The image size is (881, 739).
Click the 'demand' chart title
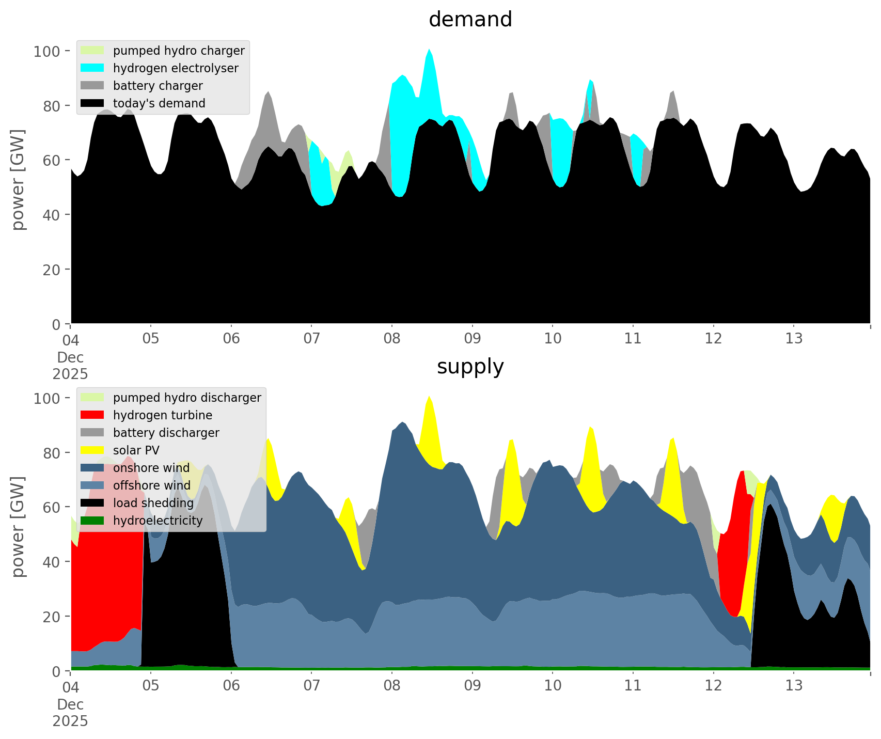click(470, 20)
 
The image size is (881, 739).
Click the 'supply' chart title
click(470, 367)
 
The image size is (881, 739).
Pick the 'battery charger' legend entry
click(158, 86)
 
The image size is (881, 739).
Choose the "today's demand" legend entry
click(159, 103)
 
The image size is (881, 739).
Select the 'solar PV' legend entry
click(136, 450)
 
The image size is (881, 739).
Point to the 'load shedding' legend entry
click(153, 503)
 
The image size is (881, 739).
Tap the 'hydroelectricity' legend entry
click(158, 521)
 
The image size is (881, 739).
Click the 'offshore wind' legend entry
click(151, 485)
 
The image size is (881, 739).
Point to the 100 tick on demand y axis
click(48, 51)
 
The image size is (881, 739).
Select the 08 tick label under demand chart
click(392, 339)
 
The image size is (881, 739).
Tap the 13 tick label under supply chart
click(794, 686)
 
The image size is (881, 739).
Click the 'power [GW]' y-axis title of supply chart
click(18, 527)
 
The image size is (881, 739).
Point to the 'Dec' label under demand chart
click(70, 357)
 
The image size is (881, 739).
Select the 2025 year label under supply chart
click(70, 721)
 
